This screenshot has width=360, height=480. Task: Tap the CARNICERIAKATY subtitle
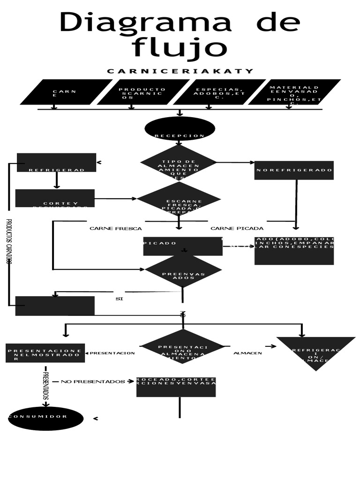180,71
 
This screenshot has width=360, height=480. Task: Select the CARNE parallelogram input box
66,92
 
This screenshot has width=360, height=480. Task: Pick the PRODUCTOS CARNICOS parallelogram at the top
142,92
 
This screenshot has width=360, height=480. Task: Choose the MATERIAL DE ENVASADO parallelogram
294,92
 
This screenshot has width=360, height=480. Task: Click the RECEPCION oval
180,129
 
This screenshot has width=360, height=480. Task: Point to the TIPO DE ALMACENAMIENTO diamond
179,163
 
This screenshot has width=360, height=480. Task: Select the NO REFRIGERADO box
294,170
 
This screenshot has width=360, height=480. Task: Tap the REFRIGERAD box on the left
56,163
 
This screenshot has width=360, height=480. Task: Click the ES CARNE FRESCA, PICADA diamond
179,199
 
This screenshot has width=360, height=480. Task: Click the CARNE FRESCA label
115,229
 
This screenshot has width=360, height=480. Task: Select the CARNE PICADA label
237,229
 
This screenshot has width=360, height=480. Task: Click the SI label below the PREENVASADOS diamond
119,299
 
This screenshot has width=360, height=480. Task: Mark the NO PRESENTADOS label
93,382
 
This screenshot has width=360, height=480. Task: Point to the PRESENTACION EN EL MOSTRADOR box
45,353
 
